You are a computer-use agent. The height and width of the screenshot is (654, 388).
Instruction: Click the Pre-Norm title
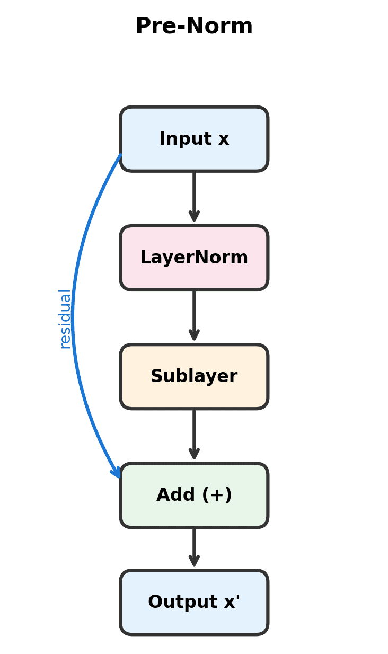(194, 26)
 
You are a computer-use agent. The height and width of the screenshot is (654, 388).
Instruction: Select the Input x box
(194, 139)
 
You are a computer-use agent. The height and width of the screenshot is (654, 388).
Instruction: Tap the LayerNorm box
(194, 258)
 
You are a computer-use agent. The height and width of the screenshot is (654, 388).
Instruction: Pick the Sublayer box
(194, 376)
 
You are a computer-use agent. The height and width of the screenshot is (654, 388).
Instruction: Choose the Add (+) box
(194, 495)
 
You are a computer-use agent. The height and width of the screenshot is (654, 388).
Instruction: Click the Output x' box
(194, 602)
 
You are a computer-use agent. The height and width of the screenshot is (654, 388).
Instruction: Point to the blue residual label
(65, 319)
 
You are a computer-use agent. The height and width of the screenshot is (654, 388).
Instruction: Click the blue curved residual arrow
(73, 318)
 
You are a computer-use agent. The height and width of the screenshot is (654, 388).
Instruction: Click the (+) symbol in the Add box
(217, 495)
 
